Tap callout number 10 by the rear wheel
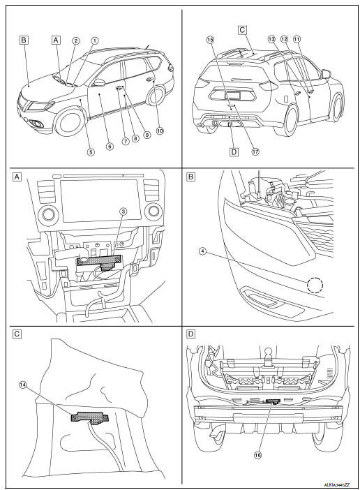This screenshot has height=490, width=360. point(160,130)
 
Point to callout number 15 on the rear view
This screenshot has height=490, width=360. point(209,40)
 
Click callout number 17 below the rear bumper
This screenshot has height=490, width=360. point(255,151)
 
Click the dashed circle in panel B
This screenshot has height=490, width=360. point(315,285)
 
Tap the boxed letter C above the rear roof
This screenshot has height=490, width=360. point(242,30)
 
